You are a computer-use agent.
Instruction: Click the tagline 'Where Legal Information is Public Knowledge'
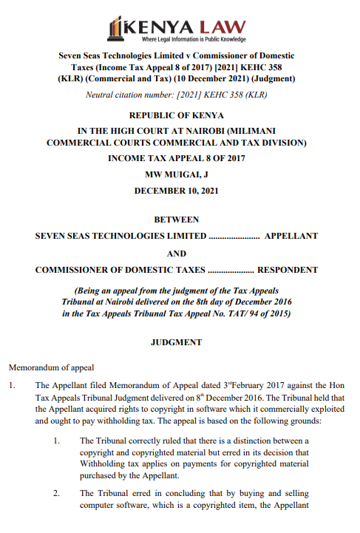[194, 39]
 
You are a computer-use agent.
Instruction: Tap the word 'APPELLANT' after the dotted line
[291, 236]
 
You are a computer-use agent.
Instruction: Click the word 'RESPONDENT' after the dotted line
[287, 270]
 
